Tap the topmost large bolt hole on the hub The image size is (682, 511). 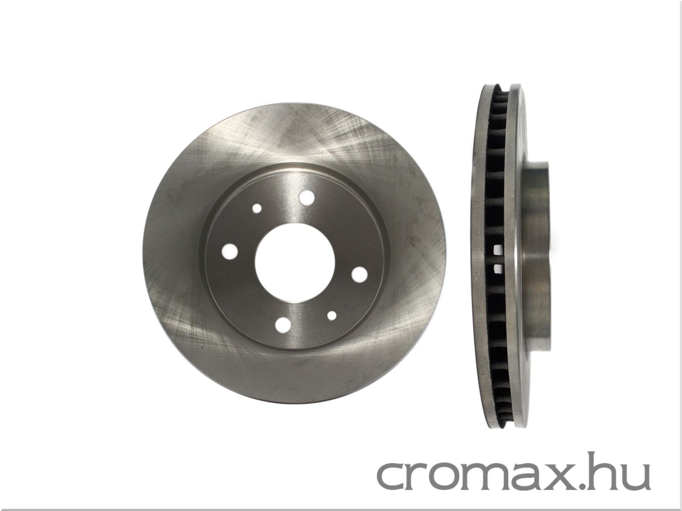click(306, 197)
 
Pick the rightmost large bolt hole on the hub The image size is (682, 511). click(359, 274)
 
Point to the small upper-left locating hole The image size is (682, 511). click(257, 209)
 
